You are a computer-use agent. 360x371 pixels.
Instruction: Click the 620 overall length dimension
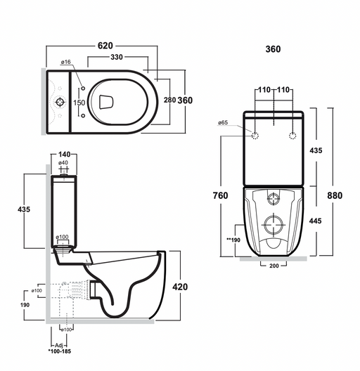click(105, 46)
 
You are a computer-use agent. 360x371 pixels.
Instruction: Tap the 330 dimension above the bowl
click(117, 57)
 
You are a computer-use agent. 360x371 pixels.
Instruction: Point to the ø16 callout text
click(66, 62)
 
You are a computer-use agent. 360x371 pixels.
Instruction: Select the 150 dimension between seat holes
click(79, 103)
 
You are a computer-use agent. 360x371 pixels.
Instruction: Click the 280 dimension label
click(169, 100)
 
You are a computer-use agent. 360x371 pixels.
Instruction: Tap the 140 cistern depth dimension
click(64, 155)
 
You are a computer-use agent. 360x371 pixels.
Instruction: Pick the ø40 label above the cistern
click(63, 163)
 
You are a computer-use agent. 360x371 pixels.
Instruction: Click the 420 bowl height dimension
click(180, 287)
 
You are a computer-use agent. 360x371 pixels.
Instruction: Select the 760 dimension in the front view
click(220, 195)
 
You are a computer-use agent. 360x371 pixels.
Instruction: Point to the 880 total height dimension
click(335, 195)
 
